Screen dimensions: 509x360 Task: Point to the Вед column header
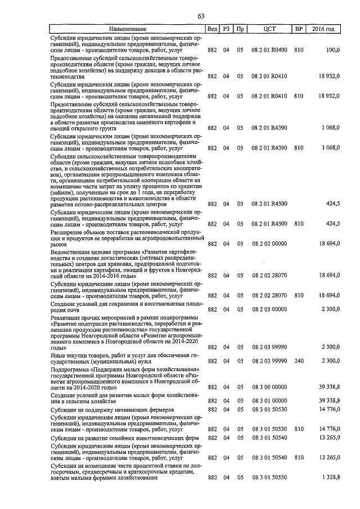point(212,29)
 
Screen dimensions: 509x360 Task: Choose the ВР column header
point(298,29)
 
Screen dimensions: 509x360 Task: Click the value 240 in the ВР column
point(298,360)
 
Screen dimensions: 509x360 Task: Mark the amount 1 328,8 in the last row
point(330,478)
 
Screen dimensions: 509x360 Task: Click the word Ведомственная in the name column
point(74,253)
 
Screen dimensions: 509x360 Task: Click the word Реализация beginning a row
point(68,318)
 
